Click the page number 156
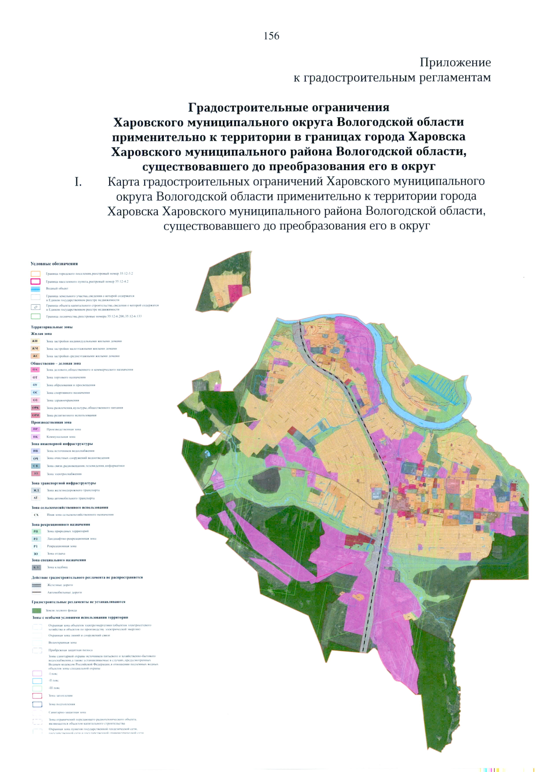(271, 36)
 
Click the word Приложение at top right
(455, 62)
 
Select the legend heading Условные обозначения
(54, 264)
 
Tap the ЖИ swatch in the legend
(35, 341)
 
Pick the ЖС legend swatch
(35, 356)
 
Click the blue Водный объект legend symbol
(35, 289)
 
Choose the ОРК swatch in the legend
(35, 408)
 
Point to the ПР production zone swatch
(35, 429)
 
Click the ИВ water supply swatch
(35, 451)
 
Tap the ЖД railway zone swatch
(36, 490)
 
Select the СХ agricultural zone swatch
(36, 515)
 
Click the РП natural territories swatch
(36, 531)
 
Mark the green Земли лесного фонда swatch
(36, 611)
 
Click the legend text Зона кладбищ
(57, 567)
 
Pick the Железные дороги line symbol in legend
(36, 585)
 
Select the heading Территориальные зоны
(51, 327)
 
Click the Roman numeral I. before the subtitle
(78, 182)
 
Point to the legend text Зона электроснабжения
(64, 474)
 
